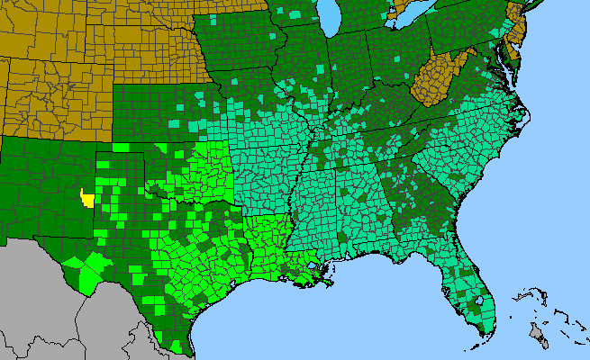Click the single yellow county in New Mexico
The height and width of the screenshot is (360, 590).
point(87,198)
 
